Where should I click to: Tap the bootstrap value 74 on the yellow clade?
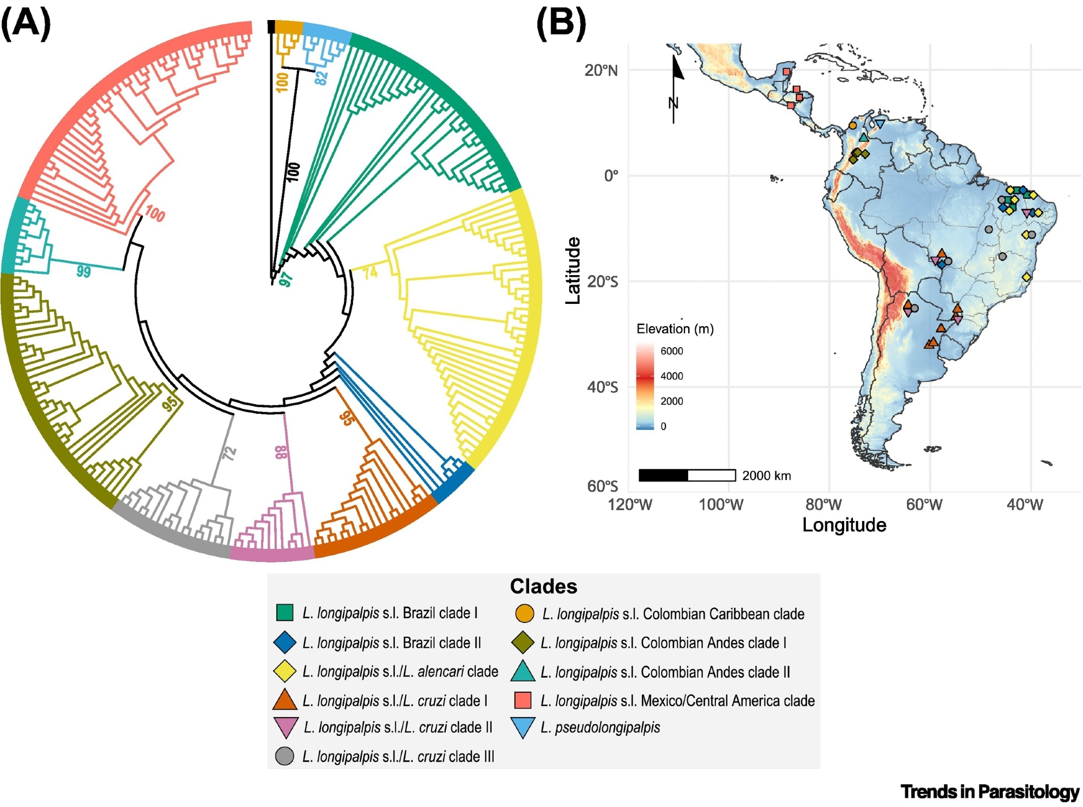pos(370,272)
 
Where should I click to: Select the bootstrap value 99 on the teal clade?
pos(83,271)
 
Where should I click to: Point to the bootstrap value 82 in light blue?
pos(321,78)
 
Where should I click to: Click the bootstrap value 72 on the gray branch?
pos(230,453)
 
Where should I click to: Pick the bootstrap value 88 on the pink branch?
pos(282,452)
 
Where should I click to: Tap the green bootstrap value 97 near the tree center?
pos(285,279)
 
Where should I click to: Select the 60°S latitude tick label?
pos(602,486)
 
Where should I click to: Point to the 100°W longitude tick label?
pos(721,505)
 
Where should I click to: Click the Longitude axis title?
pos(844,525)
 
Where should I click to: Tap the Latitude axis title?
pos(573,270)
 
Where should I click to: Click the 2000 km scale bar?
pos(687,476)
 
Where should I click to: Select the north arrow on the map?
pos(675,87)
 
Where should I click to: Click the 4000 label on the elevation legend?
pos(671,376)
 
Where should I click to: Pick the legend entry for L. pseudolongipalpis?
pos(600,727)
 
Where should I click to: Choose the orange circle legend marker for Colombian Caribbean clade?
pos(525,613)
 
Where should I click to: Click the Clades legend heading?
pos(543,586)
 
